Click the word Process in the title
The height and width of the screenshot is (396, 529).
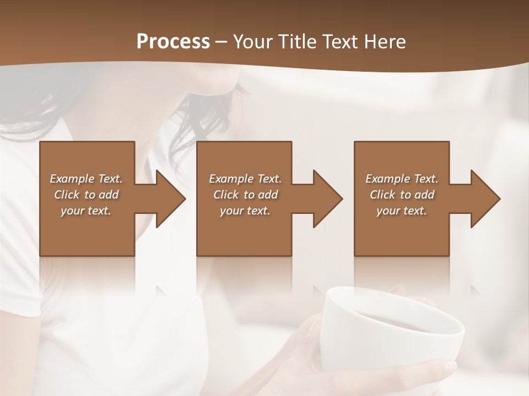(x=173, y=42)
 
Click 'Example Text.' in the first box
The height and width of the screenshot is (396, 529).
(x=86, y=179)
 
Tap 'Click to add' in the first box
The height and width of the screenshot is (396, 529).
(x=86, y=195)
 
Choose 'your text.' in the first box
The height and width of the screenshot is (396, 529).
(x=86, y=211)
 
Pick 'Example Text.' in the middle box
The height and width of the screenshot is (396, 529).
(x=245, y=179)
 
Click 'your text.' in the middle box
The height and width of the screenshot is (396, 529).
(x=245, y=211)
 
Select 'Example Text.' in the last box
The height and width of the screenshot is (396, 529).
(x=402, y=179)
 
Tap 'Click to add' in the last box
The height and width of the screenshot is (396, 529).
(x=402, y=195)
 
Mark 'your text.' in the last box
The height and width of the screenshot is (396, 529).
(x=402, y=211)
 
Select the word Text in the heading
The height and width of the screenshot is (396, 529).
(x=342, y=42)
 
